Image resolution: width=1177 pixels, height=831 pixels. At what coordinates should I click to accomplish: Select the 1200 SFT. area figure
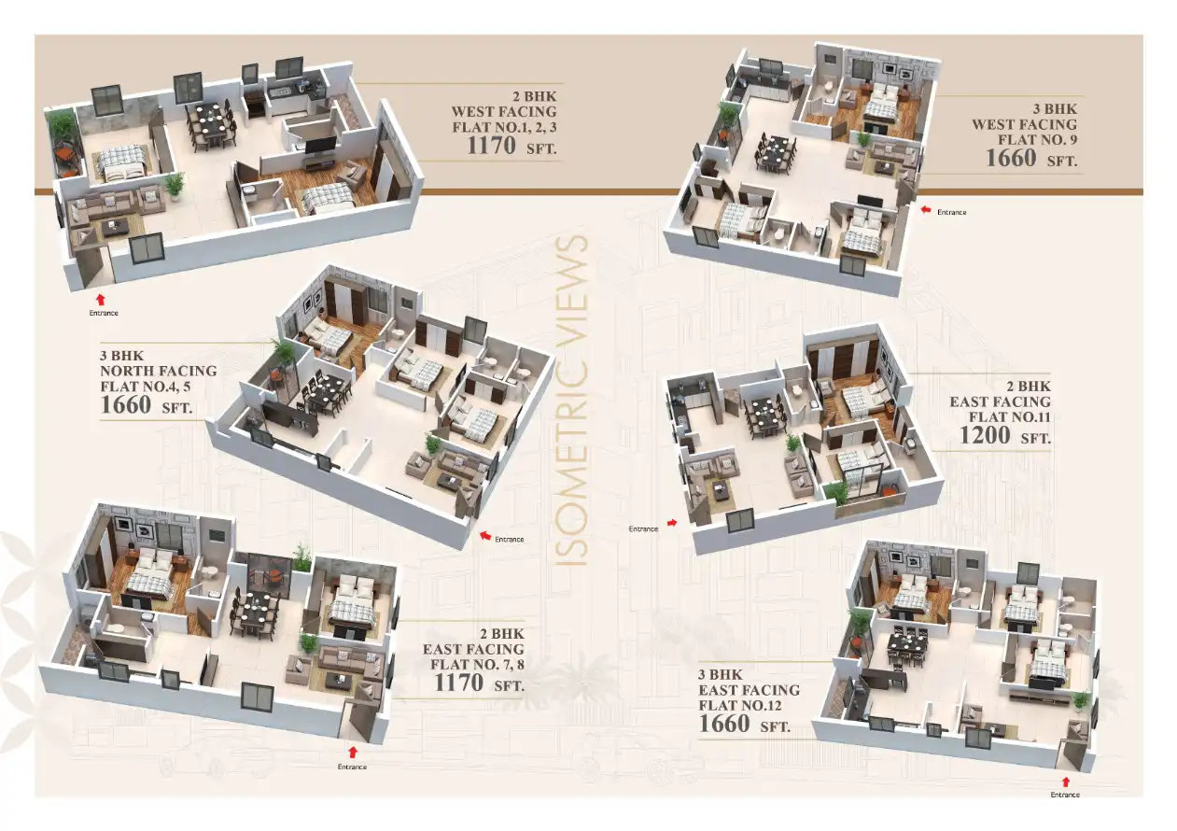click(1004, 435)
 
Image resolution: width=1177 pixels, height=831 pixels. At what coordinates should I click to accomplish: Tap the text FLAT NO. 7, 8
click(477, 665)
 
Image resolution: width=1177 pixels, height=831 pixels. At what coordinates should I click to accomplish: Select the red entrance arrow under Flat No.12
click(1066, 780)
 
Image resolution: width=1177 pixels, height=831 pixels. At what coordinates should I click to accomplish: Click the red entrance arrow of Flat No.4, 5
click(483, 536)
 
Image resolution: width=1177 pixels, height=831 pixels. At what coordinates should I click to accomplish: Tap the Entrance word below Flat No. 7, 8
click(352, 768)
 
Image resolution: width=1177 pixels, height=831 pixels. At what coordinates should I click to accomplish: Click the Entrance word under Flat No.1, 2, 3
click(104, 313)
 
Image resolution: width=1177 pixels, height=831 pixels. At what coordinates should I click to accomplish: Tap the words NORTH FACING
click(158, 371)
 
